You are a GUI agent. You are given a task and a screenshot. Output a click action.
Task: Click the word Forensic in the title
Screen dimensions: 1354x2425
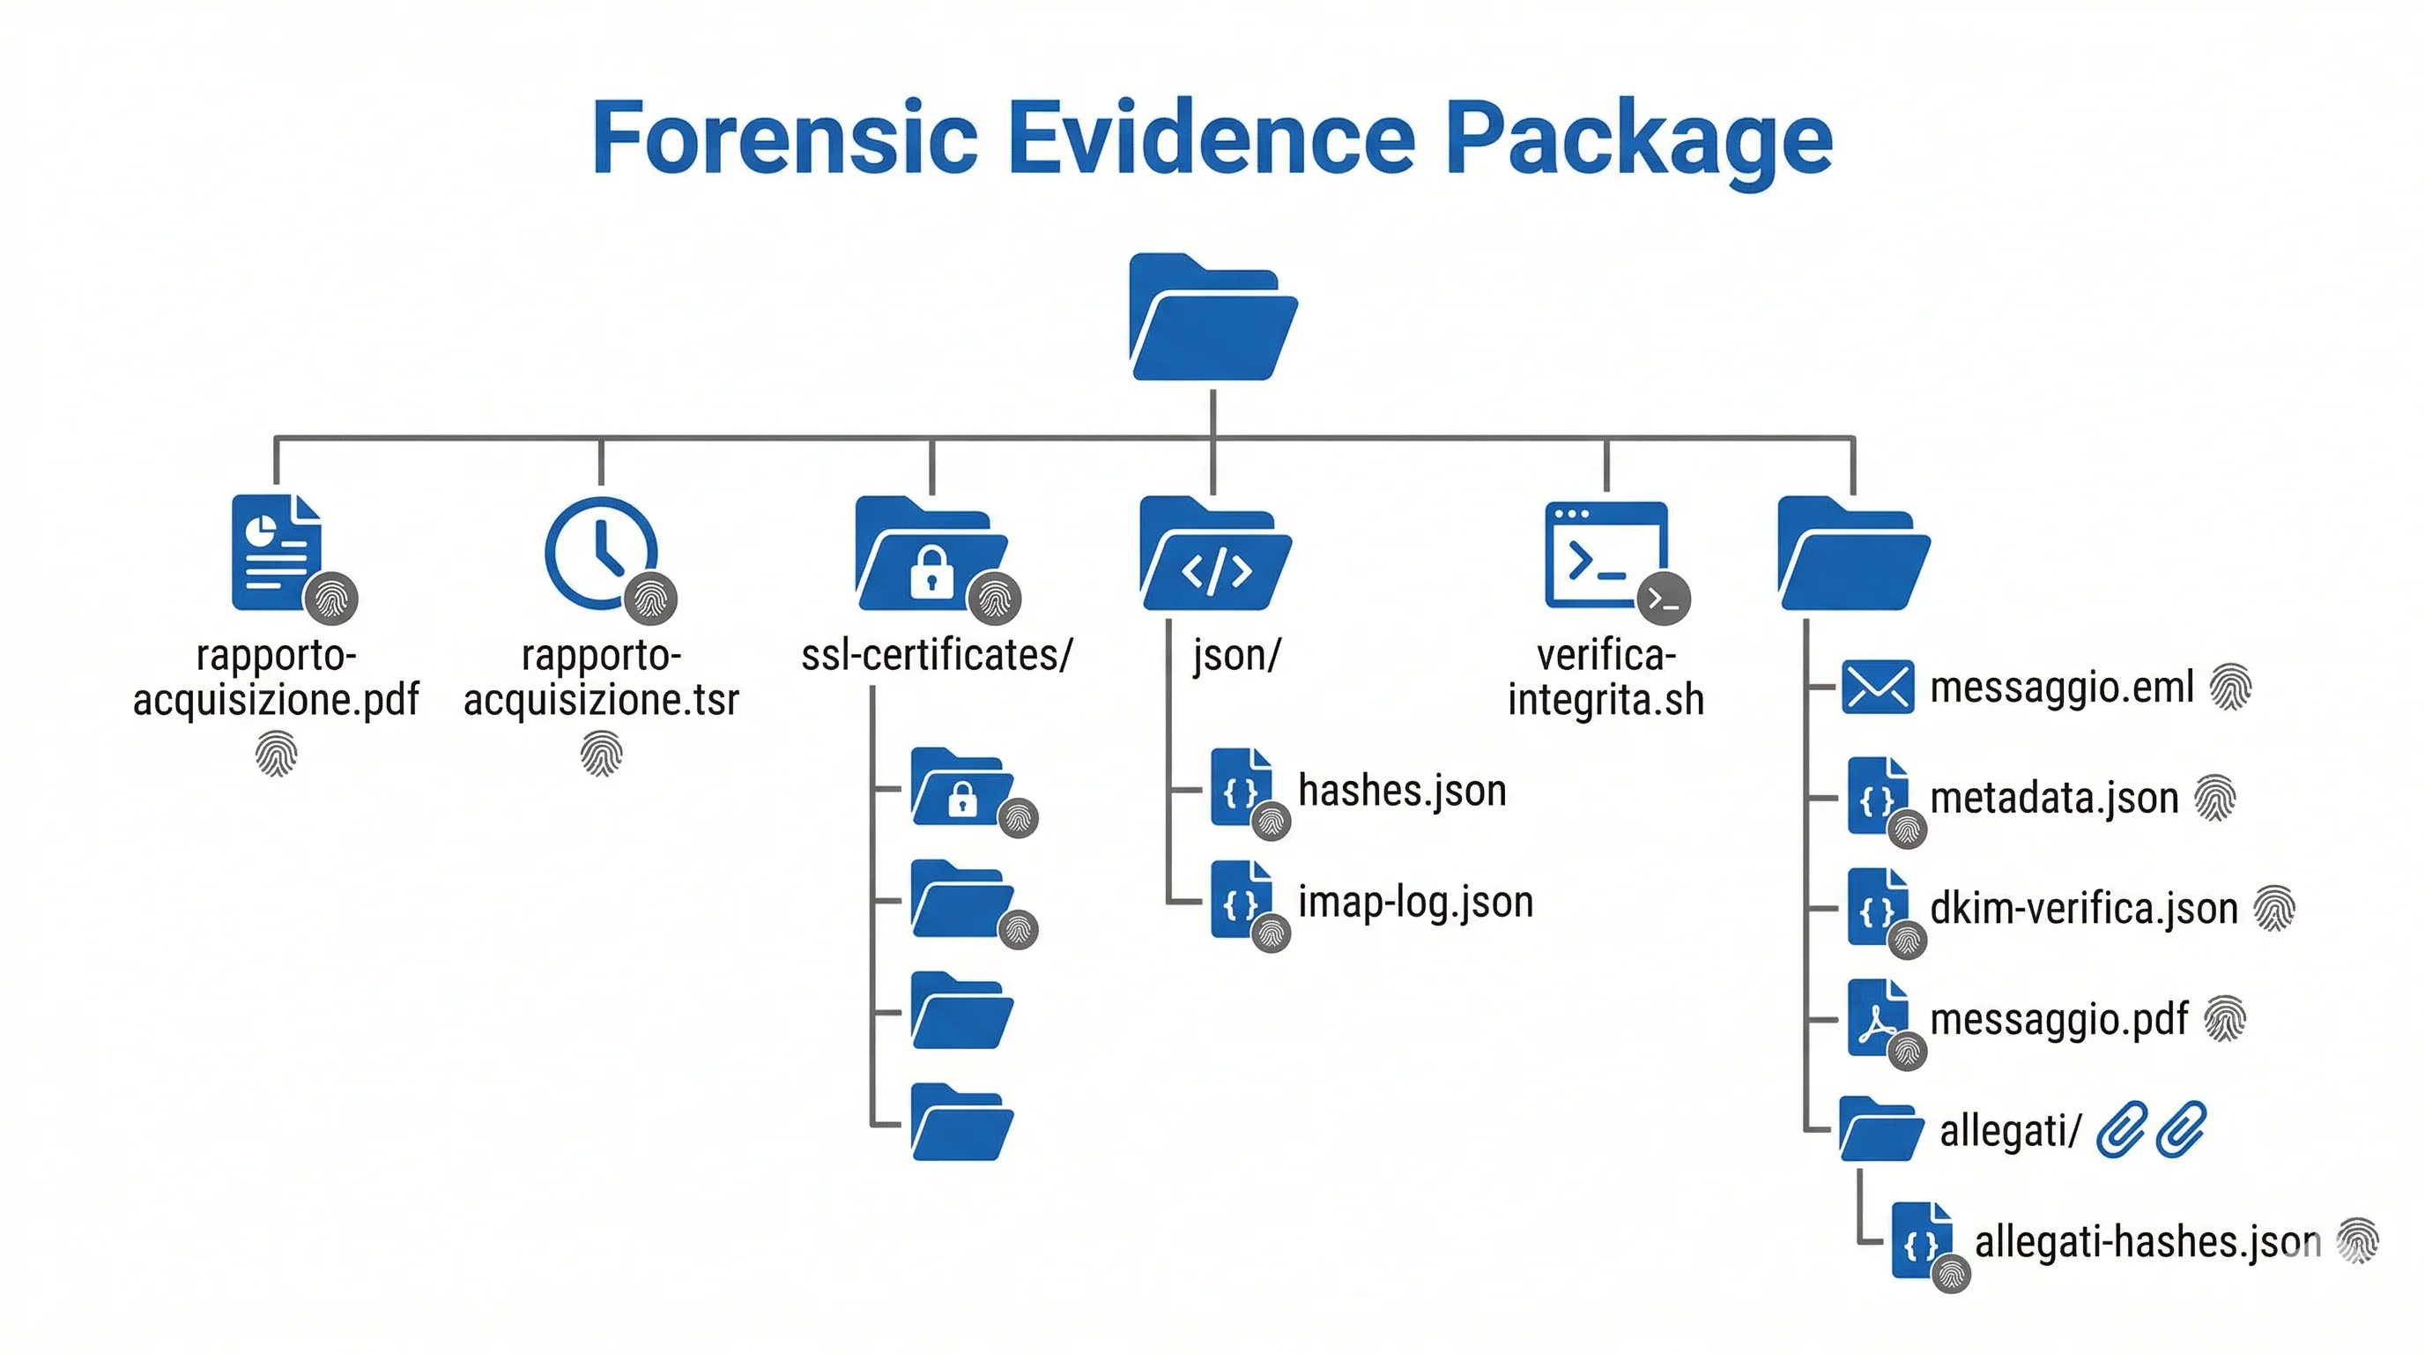click(x=785, y=139)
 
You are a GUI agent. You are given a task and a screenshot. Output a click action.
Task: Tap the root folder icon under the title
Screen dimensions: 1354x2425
click(x=1212, y=318)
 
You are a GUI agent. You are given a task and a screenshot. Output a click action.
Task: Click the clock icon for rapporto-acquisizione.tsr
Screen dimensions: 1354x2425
click(x=601, y=554)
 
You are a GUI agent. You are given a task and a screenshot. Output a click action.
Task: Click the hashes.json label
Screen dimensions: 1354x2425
click(x=1402, y=791)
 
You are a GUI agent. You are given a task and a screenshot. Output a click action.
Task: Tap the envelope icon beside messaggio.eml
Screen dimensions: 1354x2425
click(x=1877, y=688)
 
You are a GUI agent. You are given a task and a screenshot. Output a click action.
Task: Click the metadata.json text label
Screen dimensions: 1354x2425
click(x=2054, y=799)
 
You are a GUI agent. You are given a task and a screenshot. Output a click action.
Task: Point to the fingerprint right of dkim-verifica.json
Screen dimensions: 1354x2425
click(x=2273, y=909)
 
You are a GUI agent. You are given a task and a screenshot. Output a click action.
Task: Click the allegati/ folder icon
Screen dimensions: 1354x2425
click(x=1880, y=1129)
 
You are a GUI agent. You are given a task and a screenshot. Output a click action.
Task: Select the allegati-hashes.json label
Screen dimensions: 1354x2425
click(x=2147, y=1242)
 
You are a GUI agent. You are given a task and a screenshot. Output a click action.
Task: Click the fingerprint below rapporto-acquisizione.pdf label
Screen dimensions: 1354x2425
click(x=277, y=755)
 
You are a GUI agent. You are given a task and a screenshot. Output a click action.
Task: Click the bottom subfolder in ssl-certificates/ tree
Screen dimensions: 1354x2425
click(x=961, y=1122)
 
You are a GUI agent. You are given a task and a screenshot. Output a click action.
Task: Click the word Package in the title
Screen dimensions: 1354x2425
click(x=1638, y=139)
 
